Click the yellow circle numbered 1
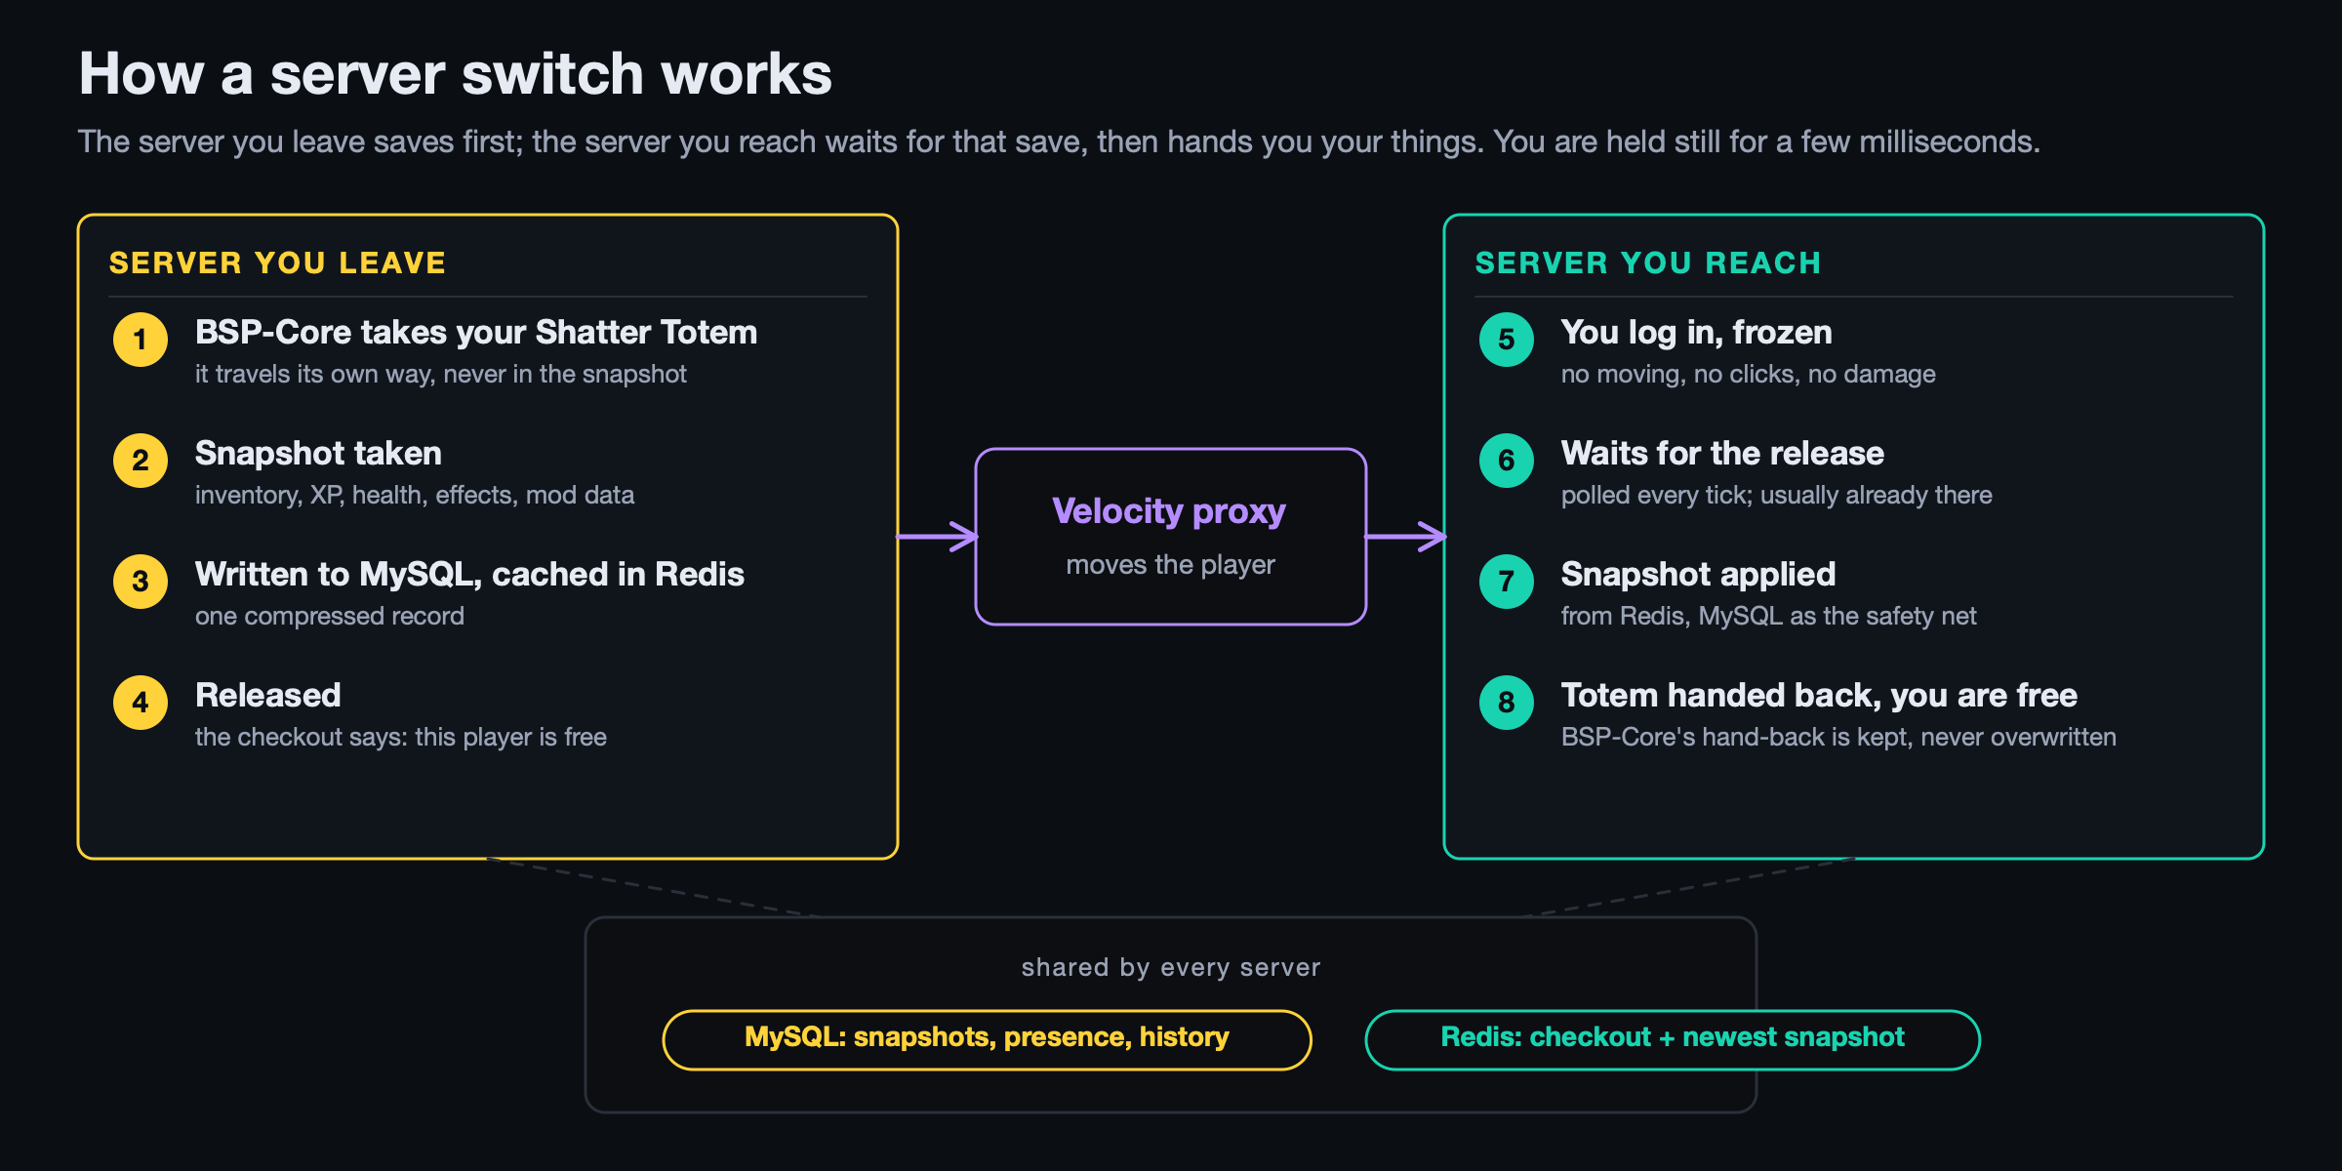click(x=141, y=340)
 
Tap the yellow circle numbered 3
click(x=141, y=582)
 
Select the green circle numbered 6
click(x=1507, y=461)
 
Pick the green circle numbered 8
click(x=1507, y=703)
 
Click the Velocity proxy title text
click(x=1169, y=511)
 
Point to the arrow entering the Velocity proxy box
click(x=937, y=536)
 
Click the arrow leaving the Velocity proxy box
click(x=1405, y=536)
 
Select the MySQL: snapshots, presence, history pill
click(x=987, y=1039)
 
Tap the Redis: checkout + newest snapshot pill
click(x=1673, y=1039)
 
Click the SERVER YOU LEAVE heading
click(x=277, y=262)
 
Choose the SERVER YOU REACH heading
click(x=1648, y=262)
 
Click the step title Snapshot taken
click(x=318, y=454)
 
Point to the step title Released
click(x=268, y=695)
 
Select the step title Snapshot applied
click(x=1698, y=575)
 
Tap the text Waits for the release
click(x=1722, y=453)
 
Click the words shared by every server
click(x=1171, y=967)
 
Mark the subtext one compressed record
click(x=330, y=617)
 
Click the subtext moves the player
click(x=1170, y=565)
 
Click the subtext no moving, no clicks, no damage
click(x=1748, y=375)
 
